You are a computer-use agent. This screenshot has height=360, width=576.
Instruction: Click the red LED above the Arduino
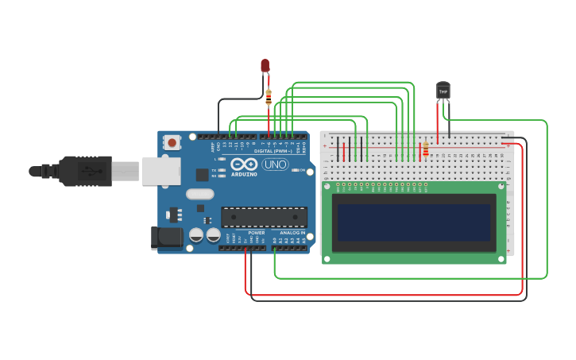[x=265, y=65]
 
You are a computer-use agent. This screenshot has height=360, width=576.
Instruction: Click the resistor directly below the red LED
[x=269, y=98]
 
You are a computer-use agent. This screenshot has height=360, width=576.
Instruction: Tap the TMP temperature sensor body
[x=443, y=91]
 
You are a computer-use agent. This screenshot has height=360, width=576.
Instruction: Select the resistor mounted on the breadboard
[x=426, y=149]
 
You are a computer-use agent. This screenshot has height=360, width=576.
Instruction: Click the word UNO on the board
[x=275, y=165]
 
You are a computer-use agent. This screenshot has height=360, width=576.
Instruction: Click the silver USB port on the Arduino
[x=160, y=171]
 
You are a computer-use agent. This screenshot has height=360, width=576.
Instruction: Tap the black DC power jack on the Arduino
[x=162, y=237]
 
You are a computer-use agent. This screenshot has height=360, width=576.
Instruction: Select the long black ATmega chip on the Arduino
[x=264, y=217]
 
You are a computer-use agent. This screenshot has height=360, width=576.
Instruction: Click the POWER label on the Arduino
[x=256, y=233]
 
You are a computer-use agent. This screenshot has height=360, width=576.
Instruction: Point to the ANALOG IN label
[x=292, y=233]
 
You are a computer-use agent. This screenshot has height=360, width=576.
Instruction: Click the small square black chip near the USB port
[x=203, y=174]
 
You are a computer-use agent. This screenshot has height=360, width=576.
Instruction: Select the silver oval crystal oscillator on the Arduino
[x=200, y=194]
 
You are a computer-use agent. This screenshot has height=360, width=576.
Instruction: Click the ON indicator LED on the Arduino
[x=296, y=170]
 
